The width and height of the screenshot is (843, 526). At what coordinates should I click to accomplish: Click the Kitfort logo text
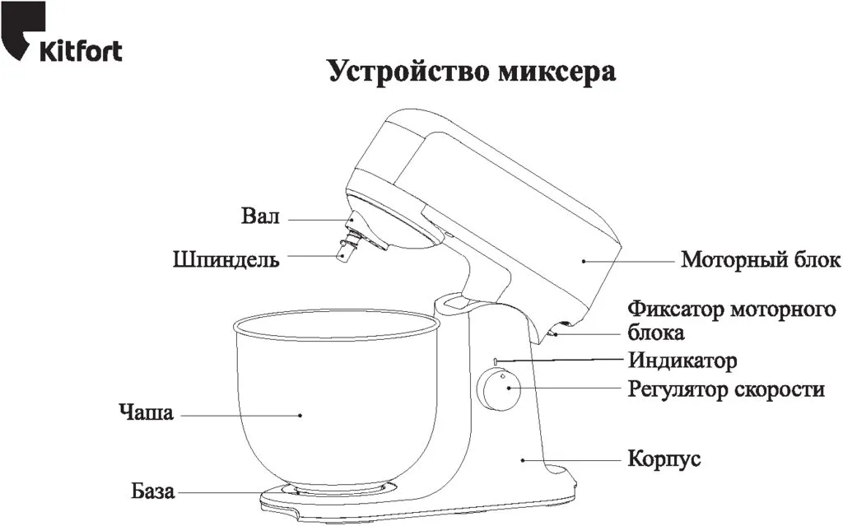81,51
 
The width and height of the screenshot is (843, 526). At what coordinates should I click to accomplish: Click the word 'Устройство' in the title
407,71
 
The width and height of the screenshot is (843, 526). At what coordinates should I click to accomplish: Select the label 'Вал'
261,217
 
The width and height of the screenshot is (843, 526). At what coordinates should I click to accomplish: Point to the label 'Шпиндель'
226,259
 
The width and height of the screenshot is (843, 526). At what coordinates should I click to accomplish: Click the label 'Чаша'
146,412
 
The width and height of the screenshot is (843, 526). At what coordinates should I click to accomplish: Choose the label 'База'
153,492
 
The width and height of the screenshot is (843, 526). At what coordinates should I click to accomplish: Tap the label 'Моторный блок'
761,260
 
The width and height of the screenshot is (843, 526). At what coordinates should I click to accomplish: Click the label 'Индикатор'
682,361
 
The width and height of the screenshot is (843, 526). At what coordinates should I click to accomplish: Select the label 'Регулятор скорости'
725,389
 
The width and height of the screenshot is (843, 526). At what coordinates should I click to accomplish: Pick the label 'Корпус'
664,459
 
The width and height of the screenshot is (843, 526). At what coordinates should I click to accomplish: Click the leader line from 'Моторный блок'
630,261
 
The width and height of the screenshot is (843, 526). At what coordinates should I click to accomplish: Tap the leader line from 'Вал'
317,220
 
